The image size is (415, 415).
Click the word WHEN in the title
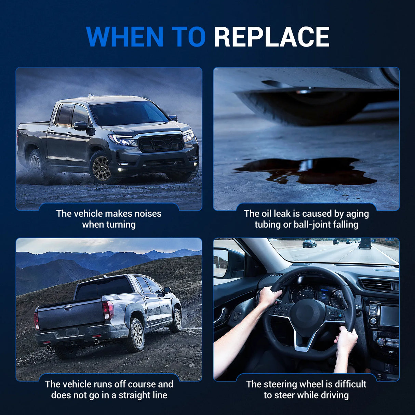click(x=125, y=37)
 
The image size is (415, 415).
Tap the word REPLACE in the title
click(x=272, y=37)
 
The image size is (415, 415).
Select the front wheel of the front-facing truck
click(x=101, y=166)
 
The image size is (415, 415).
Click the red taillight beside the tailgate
click(x=108, y=310)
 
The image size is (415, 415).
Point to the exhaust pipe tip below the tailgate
click(x=97, y=342)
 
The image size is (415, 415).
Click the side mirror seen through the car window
click(x=220, y=262)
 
